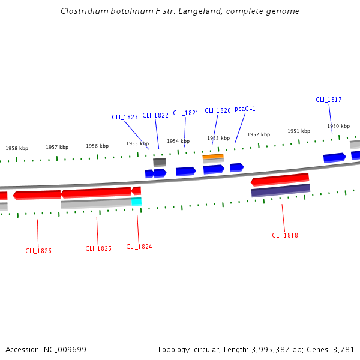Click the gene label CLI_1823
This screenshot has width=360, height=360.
coord(125,117)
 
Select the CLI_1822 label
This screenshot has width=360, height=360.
coord(155,115)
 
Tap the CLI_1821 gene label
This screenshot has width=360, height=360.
coord(186,113)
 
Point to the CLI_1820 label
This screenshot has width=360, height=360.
coord(218,110)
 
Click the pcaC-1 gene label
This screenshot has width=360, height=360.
coord(245,109)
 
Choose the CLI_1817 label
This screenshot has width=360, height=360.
coord(329,100)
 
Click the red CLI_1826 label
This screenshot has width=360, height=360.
coord(38,251)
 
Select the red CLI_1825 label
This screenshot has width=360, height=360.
coord(98,248)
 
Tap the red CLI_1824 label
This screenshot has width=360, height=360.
coord(139,247)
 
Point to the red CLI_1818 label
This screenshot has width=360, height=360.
coord(285,235)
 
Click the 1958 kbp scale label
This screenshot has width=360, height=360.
coord(17,148)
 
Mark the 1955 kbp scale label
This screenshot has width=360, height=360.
coord(137,143)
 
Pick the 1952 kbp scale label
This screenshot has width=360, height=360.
coord(259,134)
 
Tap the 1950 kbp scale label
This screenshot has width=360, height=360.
coord(338,126)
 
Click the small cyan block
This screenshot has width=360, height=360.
coord(137,202)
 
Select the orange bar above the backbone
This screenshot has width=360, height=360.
coord(213,157)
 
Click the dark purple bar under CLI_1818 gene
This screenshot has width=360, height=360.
coord(281,190)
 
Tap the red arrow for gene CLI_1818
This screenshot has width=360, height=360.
coord(280,179)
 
